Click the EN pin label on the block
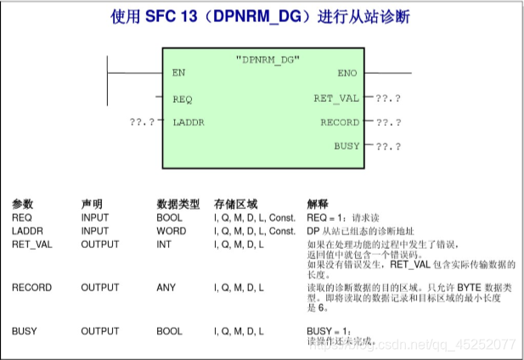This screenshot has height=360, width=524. point(178,73)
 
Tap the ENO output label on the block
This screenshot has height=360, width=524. point(347,73)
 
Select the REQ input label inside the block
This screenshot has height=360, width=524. point(182,98)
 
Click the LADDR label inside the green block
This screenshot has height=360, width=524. point(188,122)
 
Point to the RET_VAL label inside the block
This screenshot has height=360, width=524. point(337,98)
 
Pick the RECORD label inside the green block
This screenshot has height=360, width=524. point(339,122)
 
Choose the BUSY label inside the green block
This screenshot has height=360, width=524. point(347,146)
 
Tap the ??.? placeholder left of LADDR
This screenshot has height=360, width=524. point(143,122)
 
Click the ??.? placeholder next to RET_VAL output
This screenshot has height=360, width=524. point(388,98)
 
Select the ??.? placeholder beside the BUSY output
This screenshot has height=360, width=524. point(388,146)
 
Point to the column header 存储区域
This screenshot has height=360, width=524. point(235,205)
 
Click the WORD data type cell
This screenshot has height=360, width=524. point(172,232)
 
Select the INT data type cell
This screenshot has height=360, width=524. point(164,245)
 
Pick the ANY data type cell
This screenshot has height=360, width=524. point(166,288)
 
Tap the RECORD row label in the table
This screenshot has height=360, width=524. point(31,288)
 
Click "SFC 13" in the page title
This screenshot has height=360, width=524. point(177,16)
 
